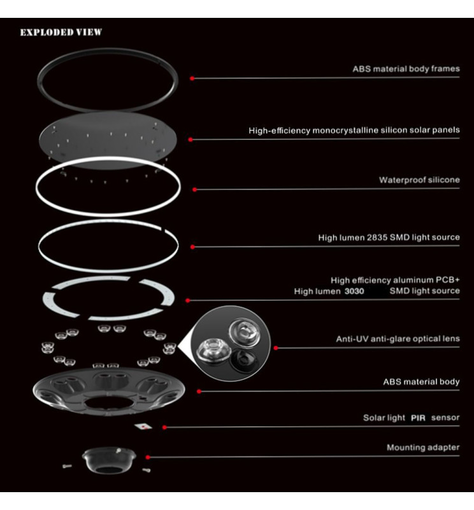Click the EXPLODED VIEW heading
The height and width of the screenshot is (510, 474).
61,33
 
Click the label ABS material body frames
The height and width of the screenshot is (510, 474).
406,69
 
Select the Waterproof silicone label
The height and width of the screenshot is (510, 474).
419,180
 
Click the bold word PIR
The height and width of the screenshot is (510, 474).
418,418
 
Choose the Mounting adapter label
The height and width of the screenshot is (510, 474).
422,448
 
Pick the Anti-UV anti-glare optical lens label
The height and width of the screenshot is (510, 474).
398,339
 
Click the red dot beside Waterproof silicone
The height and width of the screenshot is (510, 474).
194,189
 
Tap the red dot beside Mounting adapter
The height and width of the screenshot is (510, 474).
148,456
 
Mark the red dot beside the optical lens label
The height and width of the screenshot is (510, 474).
276,348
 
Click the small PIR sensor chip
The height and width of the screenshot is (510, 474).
144,426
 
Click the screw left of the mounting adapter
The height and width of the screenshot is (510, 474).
68,466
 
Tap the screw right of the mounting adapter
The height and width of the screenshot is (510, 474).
147,470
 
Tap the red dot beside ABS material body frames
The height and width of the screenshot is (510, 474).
191,78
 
